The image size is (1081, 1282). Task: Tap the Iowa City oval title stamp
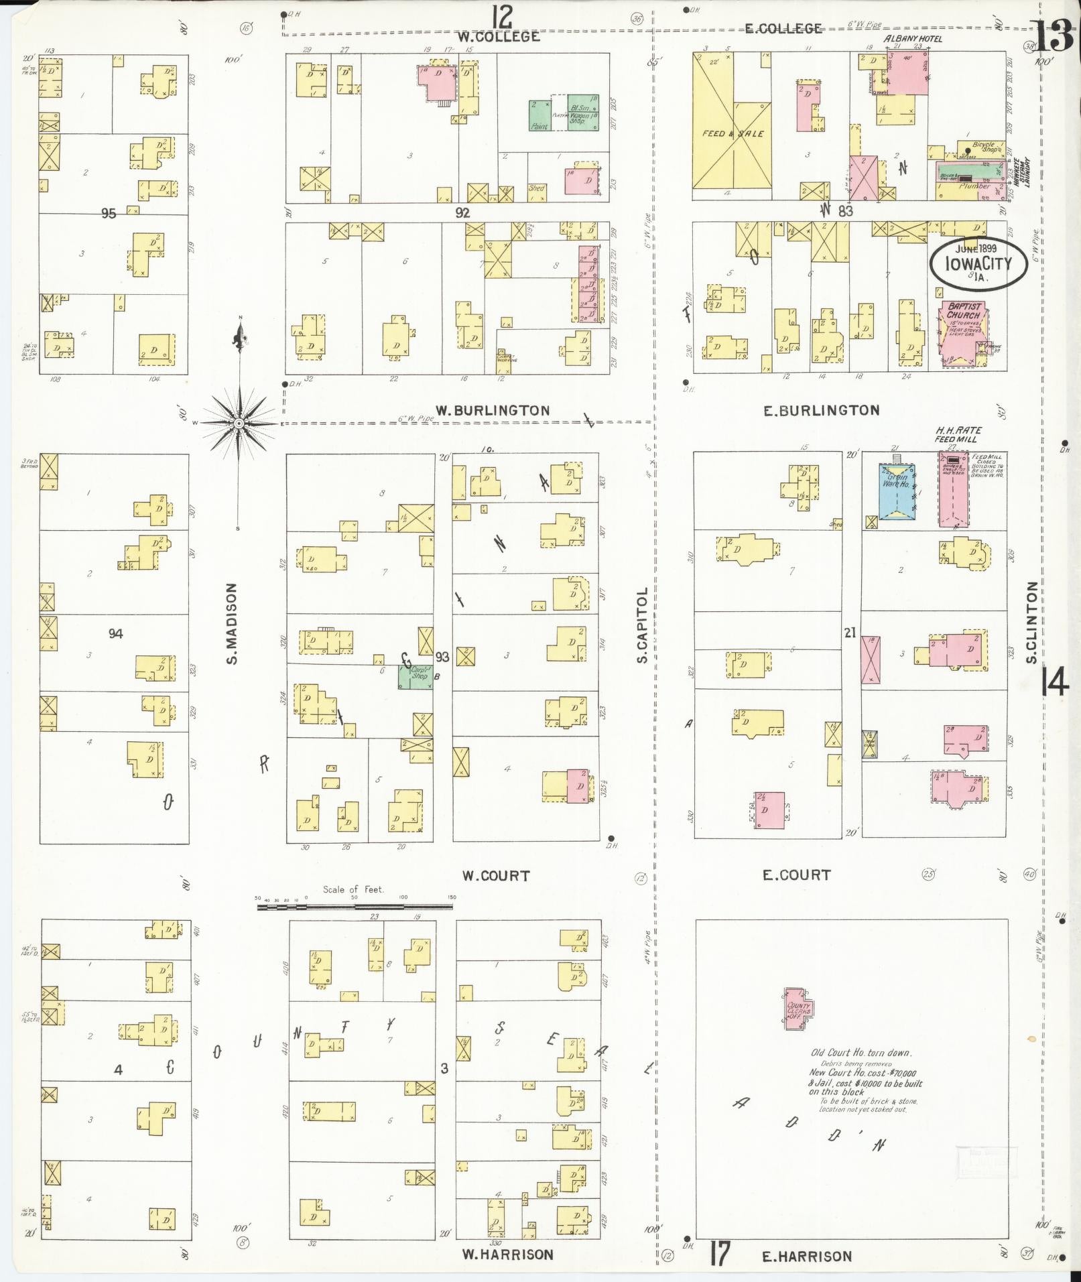point(978,264)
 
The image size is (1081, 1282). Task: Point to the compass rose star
point(239,424)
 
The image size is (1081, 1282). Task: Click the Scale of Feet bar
point(355,907)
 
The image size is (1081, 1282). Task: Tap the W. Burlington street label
point(493,411)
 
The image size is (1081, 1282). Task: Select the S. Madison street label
point(232,623)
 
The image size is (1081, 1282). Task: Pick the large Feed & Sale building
point(732,127)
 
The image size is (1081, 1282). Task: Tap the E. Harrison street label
point(807,1257)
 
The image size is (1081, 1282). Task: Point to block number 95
point(109,214)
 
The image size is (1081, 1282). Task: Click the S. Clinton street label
point(1032,622)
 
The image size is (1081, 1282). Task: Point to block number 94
point(115,633)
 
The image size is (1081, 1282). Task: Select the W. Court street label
point(496,876)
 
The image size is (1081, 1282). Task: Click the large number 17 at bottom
point(718,1254)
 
